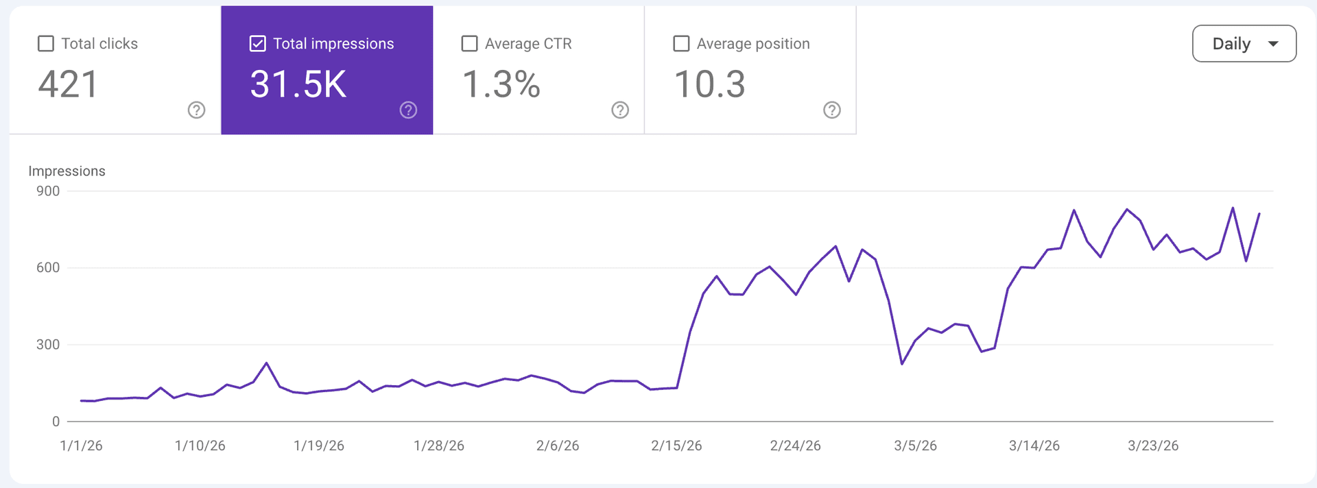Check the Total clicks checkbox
[46, 44]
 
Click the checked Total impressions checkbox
[257, 44]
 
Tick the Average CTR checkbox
[469, 44]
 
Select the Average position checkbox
[681, 44]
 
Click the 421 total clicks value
[68, 84]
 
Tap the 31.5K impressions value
[298, 84]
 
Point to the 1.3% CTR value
[501, 84]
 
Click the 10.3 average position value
[709, 84]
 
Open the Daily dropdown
[1244, 44]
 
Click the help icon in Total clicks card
[196, 110]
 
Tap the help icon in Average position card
[831, 110]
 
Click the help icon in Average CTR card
[620, 110]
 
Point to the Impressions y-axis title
[67, 171]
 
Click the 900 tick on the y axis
[48, 191]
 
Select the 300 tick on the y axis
[48, 345]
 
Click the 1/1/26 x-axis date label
[81, 446]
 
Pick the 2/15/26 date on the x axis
[676, 446]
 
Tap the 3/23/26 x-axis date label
[1153, 446]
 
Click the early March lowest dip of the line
[901, 363]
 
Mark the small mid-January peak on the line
[266, 363]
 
